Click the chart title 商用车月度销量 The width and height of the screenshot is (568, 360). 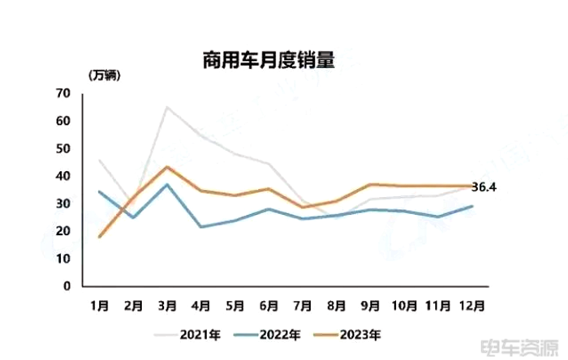point(269,60)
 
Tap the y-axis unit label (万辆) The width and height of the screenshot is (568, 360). point(105,75)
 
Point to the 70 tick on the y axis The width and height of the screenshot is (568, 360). point(64,94)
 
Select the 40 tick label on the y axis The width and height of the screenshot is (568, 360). point(64,177)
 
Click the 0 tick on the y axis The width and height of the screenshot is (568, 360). point(68,286)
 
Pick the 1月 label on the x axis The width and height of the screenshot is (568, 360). point(99,306)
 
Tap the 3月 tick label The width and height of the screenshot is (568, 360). point(167,306)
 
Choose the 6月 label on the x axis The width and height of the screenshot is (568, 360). point(269,306)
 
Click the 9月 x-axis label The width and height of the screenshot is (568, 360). point(370,306)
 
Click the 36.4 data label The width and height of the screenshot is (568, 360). point(484,187)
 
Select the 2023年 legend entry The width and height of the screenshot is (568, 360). point(358,333)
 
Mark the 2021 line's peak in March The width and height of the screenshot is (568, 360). point(167,107)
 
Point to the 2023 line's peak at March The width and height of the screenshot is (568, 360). point(167,167)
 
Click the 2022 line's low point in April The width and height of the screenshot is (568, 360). point(201,226)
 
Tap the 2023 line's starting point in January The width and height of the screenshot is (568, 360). point(99,237)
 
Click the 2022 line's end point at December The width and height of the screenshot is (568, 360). point(472,206)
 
